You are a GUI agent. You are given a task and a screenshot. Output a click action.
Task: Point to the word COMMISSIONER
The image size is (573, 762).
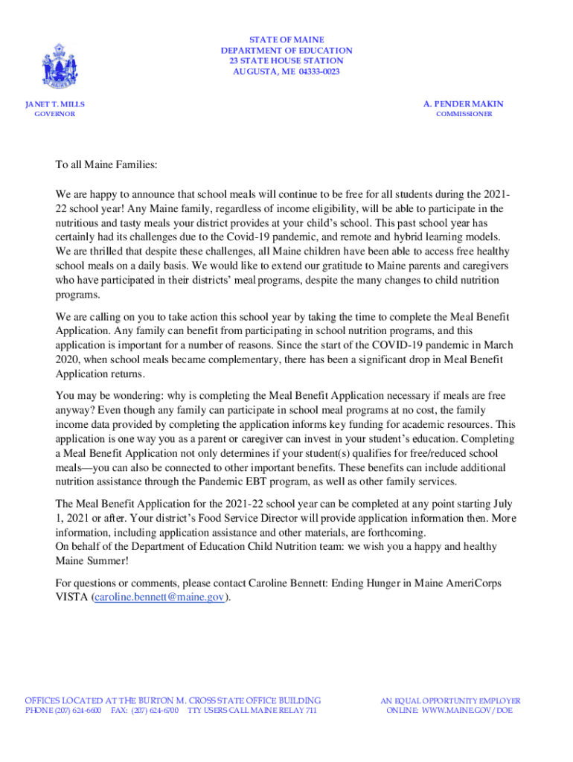pos(464,115)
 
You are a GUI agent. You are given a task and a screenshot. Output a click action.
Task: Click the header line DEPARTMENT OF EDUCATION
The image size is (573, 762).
pos(286,51)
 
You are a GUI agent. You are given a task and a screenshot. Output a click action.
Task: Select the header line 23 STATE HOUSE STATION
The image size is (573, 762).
pos(286,61)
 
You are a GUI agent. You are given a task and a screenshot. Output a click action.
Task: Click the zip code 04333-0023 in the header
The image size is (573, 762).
pos(319,71)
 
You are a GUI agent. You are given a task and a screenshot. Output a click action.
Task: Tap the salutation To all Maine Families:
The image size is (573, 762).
pos(107,164)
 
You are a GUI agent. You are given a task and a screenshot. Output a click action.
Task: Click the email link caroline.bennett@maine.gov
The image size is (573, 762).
pos(159,598)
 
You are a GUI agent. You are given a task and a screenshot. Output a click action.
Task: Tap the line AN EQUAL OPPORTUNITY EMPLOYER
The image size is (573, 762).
pos(451,701)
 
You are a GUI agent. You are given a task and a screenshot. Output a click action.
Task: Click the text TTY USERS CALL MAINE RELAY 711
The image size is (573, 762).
pos(252,711)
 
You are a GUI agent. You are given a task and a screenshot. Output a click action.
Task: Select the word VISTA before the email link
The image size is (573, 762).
pos(71,598)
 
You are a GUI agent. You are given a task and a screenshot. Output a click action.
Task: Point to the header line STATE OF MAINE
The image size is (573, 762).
pos(286,39)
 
